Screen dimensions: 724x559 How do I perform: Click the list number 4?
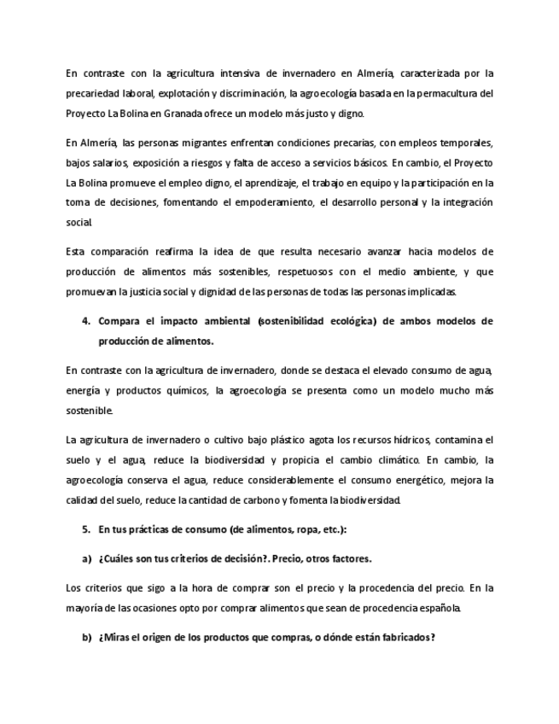(85, 321)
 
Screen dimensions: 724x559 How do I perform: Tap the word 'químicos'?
(183, 390)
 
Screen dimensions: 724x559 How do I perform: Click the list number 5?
(85, 529)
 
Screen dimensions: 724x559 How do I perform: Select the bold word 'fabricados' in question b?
(402, 638)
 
